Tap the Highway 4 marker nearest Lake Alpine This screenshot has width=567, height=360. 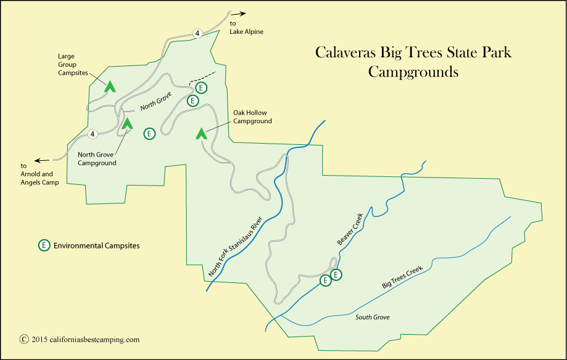coord(197,33)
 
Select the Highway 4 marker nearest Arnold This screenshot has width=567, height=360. coord(93,134)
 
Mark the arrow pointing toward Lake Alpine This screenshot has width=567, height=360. coord(238,13)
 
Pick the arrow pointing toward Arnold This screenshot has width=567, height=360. coord(43,160)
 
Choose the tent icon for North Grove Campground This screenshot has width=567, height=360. coord(127,123)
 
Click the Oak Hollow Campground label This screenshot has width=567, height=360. coord(252,118)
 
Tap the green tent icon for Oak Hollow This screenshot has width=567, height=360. coord(201,133)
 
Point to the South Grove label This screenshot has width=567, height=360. coord(373,317)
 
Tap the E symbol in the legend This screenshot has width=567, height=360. coord(44,245)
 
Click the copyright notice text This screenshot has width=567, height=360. coord(80,339)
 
